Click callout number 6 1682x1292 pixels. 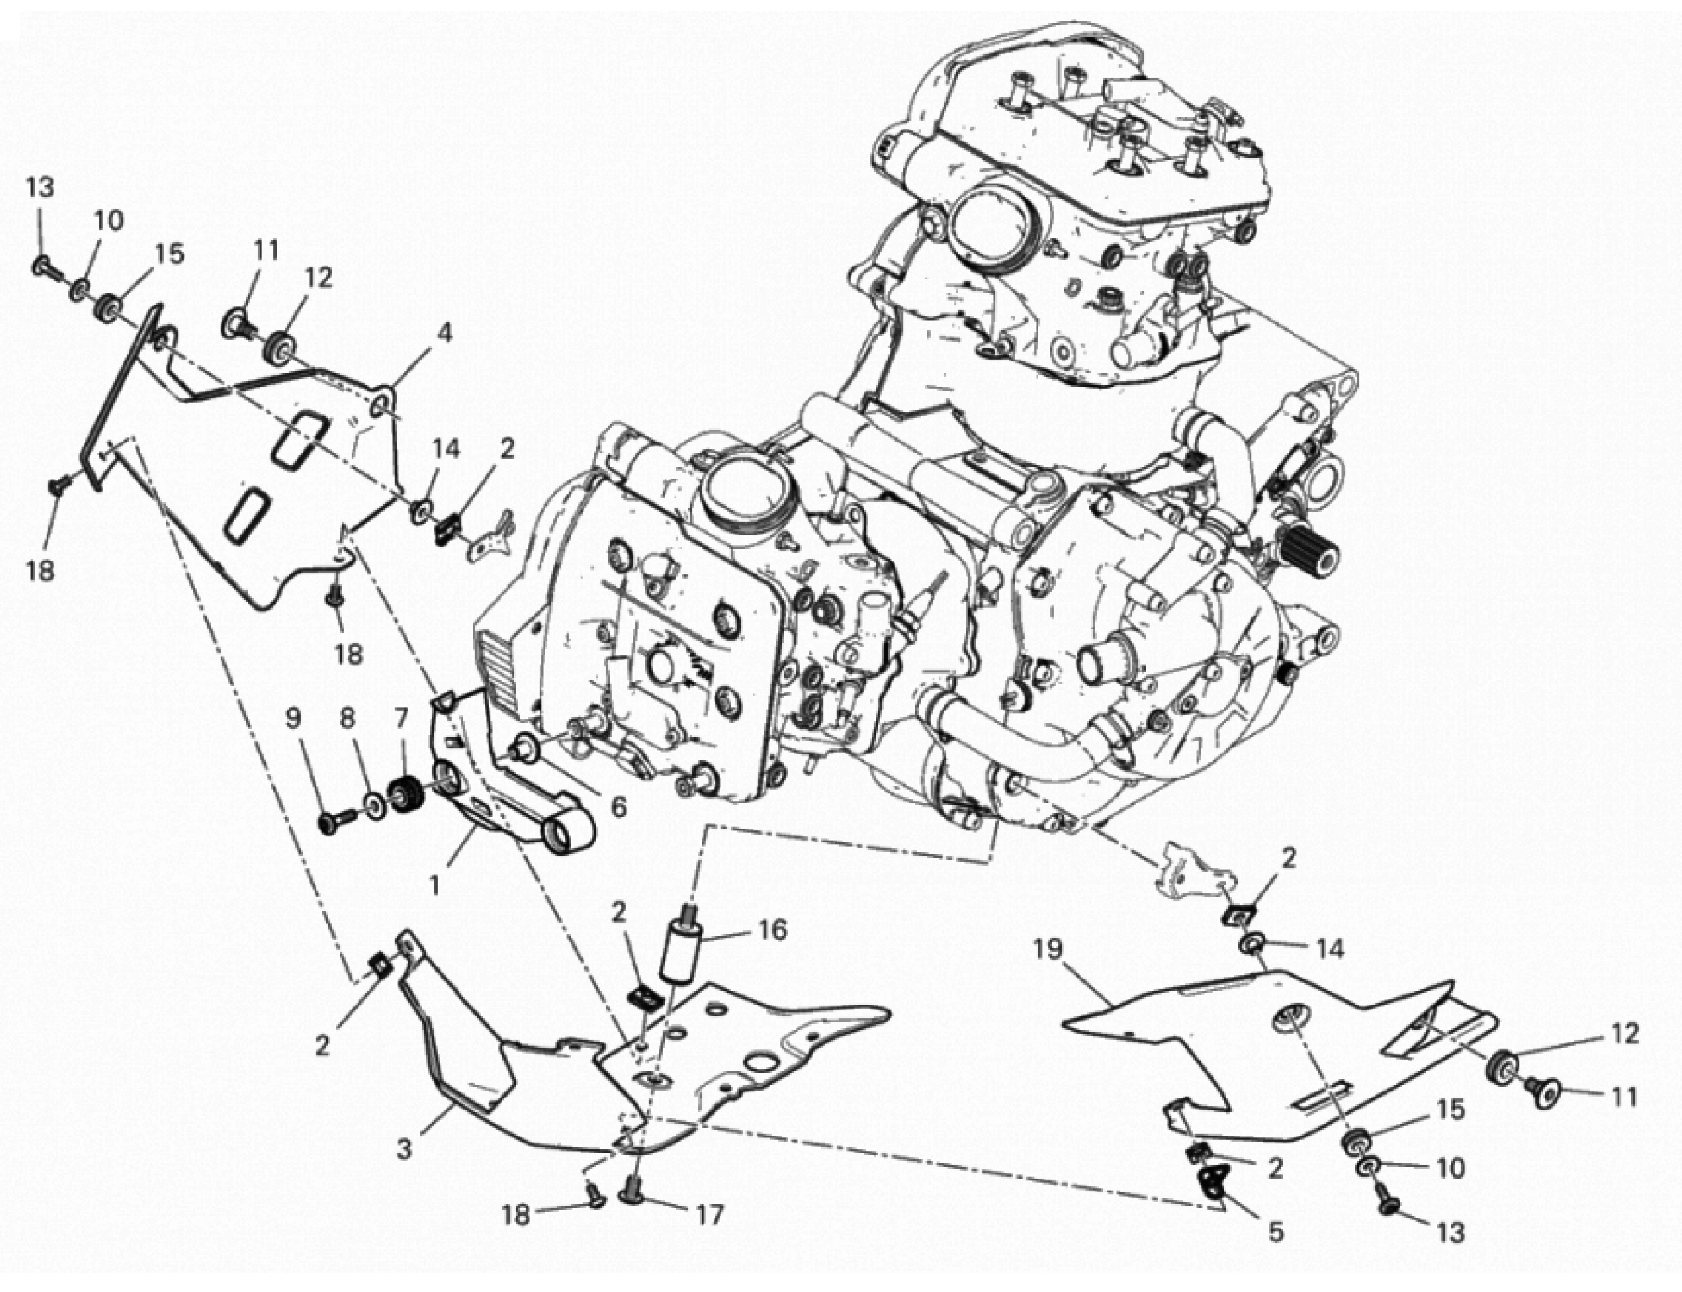pos(619,807)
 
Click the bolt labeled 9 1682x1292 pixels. pos(332,823)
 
